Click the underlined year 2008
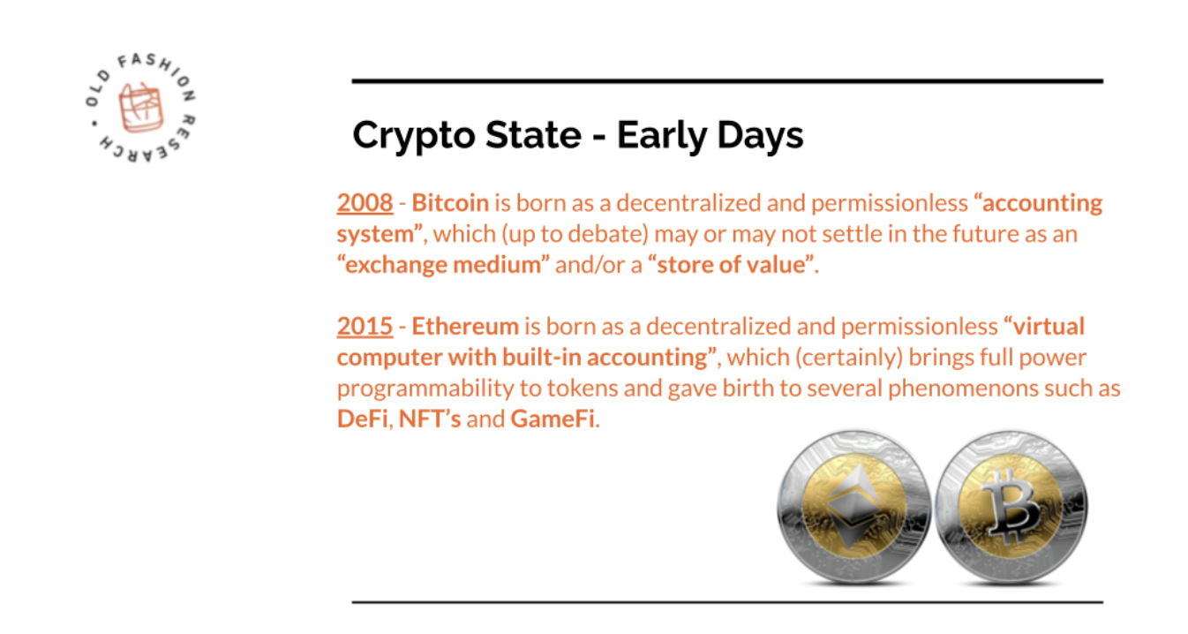pos(365,203)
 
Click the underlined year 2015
pos(365,327)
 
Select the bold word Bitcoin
pos(450,203)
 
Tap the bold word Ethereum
pos(465,327)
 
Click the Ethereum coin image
pos(853,507)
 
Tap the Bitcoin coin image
pos(1011,507)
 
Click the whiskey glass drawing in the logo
pos(140,108)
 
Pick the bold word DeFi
pos(363,419)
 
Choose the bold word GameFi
pos(553,419)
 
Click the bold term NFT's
pos(430,419)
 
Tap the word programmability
pos(425,389)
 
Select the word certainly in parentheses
pos(849,358)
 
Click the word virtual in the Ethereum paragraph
pos(1049,327)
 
